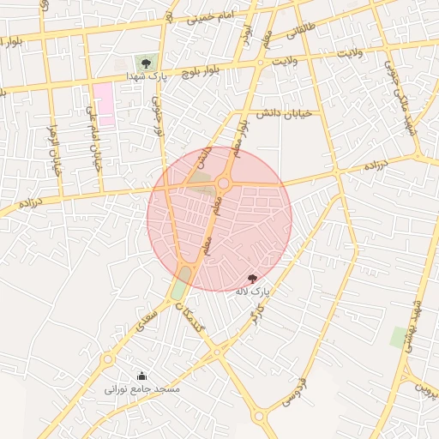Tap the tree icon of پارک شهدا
[x=146, y=63]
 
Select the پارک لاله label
[x=253, y=292]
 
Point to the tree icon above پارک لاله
[x=252, y=279]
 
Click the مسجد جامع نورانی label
[x=142, y=389]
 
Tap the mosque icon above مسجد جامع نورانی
[x=141, y=376]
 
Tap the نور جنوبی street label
[x=157, y=116]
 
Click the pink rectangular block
[x=104, y=103]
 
